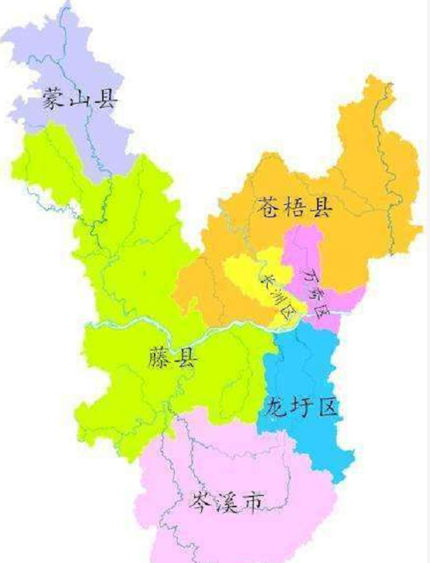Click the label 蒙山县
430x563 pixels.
[80, 98]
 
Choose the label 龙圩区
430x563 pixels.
[302, 406]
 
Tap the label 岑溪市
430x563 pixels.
[226, 503]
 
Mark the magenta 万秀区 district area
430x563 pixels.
[305, 247]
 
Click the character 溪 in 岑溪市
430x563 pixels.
[226, 503]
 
